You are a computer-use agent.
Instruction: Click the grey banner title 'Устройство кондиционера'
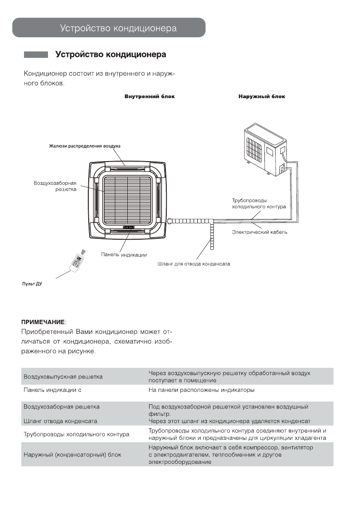coord(118,29)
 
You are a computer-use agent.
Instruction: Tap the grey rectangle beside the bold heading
coord(36,55)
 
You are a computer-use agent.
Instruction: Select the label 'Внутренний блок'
coord(150,96)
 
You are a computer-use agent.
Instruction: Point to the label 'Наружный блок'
coord(262,96)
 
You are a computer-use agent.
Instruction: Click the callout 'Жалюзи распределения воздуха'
coord(84,146)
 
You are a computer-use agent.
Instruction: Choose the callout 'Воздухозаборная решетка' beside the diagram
coord(55,186)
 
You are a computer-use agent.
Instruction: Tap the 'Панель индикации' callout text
coord(124,255)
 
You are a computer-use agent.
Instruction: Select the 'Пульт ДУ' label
coord(32,284)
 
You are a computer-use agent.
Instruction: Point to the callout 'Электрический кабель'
coord(260,232)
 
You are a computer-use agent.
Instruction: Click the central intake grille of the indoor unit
coord(128,197)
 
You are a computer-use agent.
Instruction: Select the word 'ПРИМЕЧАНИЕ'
coord(43,321)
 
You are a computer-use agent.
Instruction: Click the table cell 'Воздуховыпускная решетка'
coord(63,377)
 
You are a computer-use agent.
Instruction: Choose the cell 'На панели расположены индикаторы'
coord(201,390)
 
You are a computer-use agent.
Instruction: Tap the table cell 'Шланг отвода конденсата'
coord(60,421)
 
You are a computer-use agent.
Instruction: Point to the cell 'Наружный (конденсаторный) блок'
coord(72,454)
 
